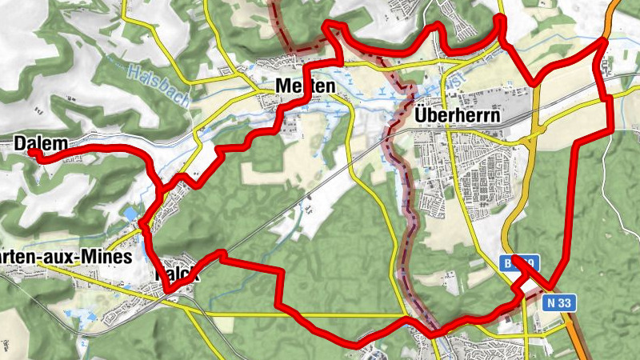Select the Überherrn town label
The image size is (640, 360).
(x=458, y=115)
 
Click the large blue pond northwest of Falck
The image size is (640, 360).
(x=130, y=214)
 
